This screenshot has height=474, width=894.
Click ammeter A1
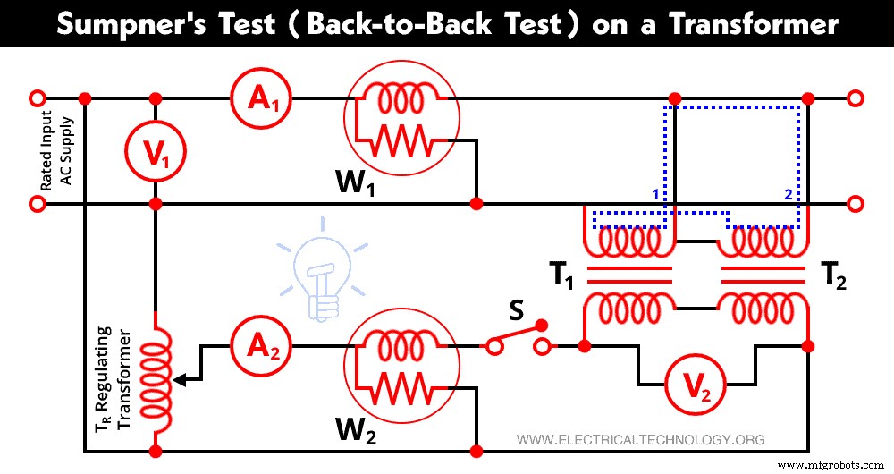[x=257, y=99]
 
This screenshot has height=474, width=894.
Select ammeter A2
[x=257, y=346]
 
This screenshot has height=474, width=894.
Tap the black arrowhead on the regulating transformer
[x=180, y=379]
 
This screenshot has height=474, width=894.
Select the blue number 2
[x=788, y=194]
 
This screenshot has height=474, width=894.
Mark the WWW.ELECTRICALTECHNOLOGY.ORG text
[x=641, y=440]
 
